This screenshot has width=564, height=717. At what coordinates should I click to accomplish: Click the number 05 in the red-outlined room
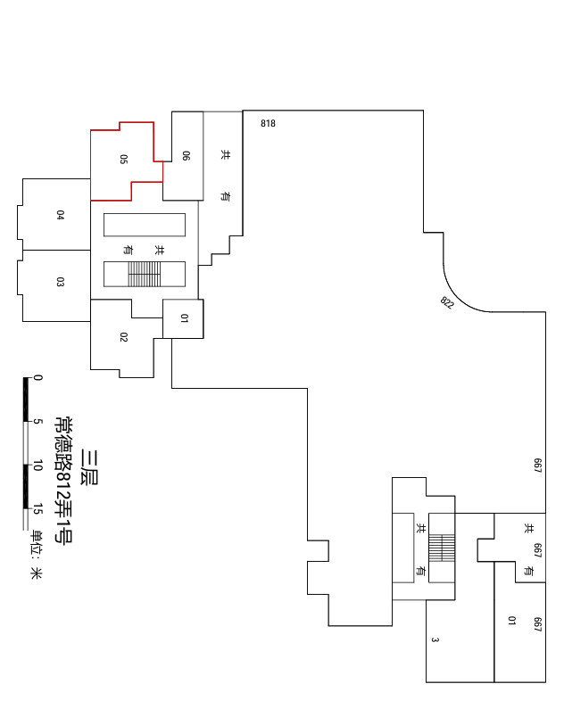(123, 159)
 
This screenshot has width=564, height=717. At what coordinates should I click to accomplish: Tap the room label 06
(186, 155)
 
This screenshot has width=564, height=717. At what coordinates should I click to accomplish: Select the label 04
(60, 215)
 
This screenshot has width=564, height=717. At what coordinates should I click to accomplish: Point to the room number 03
(60, 282)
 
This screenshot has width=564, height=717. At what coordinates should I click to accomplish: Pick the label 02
(123, 337)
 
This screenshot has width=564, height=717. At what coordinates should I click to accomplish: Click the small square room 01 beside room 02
(183, 318)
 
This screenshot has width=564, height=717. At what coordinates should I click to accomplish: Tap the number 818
(268, 123)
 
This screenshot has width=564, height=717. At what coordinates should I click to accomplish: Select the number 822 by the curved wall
(447, 302)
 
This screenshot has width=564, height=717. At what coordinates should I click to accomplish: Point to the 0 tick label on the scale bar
(38, 378)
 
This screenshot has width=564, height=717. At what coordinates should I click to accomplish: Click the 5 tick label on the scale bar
(38, 421)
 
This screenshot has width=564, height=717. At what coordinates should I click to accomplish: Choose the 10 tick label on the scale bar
(38, 466)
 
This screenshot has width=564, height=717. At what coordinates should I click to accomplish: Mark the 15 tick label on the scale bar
(38, 509)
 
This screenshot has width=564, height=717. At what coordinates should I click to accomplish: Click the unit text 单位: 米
(36, 555)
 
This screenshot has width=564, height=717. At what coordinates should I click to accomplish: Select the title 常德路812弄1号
(63, 480)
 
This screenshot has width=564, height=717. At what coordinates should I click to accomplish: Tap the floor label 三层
(89, 467)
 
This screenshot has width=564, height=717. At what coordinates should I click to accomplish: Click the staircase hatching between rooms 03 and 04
(144, 274)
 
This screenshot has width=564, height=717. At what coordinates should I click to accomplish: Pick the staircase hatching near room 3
(442, 548)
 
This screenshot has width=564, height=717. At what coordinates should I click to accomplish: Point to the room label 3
(435, 639)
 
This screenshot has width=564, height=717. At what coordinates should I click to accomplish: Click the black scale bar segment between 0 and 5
(26, 400)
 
